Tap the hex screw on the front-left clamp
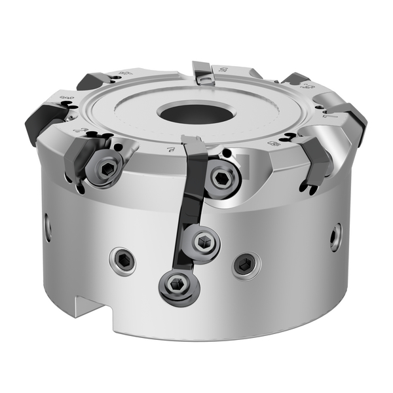point(106,170)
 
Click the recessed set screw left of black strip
point(123,261)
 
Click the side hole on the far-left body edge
point(48,226)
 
